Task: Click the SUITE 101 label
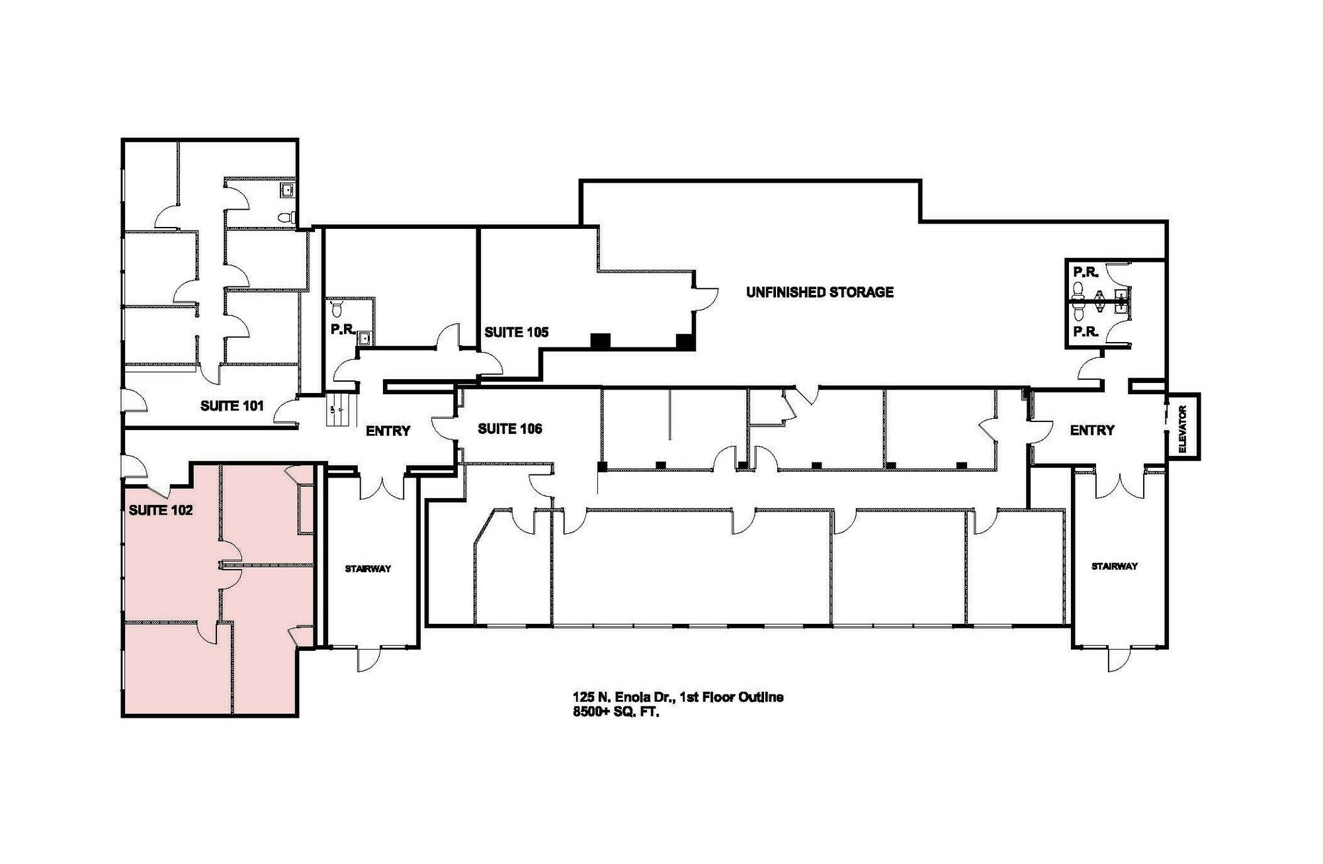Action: [232, 406]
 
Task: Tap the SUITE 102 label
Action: [161, 510]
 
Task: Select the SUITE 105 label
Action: [517, 332]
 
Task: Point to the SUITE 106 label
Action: [510, 429]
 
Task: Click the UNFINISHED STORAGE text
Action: [820, 292]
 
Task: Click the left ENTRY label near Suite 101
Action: [388, 431]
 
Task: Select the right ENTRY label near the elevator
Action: [1092, 430]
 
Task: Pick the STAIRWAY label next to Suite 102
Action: [368, 568]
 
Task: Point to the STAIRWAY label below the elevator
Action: [1115, 566]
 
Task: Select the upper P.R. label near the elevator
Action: [1086, 271]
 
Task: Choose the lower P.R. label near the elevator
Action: [1086, 331]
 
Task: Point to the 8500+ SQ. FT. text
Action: [617, 713]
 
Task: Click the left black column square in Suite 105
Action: [600, 340]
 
